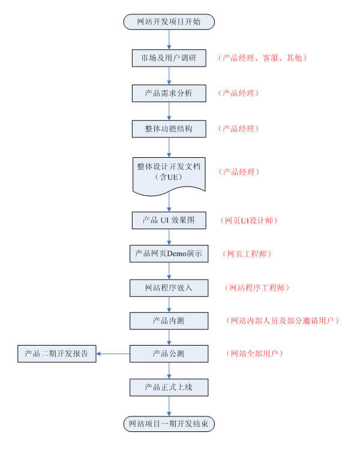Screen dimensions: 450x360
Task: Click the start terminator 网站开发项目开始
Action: (169, 22)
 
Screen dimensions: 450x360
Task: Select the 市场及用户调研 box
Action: (169, 58)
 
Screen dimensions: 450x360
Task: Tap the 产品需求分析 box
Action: (169, 93)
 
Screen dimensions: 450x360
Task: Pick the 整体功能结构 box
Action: (169, 128)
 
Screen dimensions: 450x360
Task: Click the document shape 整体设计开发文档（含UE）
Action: (169, 172)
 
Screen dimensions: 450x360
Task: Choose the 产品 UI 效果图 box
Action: (169, 220)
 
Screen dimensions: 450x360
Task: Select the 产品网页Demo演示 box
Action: (169, 254)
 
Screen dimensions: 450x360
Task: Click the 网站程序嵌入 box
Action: (169, 288)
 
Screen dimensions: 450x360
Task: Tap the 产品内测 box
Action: (169, 321)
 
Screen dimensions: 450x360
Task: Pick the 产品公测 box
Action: (169, 353)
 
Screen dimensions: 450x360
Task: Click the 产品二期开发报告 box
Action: (57, 353)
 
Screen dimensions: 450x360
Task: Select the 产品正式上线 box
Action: (169, 387)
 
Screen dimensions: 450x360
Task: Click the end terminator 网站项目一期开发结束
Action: (169, 424)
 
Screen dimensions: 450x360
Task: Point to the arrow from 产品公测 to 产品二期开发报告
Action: (113, 353)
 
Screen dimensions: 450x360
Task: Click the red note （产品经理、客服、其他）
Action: (263, 58)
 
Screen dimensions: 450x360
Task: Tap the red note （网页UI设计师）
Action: (249, 220)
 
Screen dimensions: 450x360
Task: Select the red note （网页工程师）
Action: (247, 254)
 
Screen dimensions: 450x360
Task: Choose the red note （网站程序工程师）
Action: (257, 288)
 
